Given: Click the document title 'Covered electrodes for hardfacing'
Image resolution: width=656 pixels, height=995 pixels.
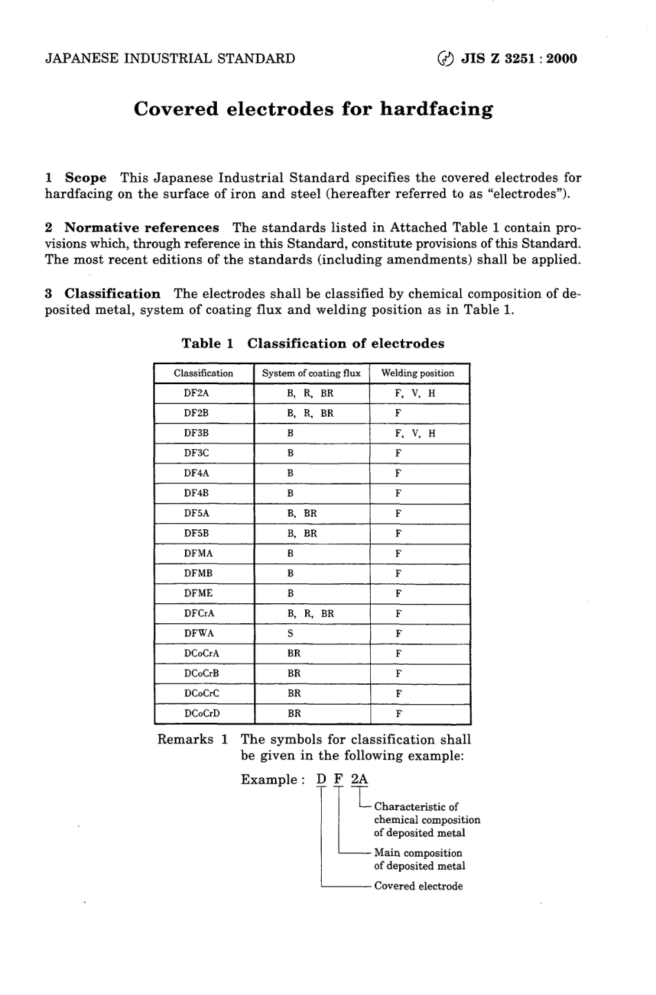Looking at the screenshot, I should [313, 109].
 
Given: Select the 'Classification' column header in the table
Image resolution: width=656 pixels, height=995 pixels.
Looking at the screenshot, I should [204, 373].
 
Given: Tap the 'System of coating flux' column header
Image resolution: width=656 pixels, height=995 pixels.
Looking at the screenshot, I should [311, 373].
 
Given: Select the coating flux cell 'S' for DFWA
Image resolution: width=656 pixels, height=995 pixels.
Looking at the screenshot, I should [291, 633].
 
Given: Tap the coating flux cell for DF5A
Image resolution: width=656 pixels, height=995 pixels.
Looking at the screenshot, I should [302, 513].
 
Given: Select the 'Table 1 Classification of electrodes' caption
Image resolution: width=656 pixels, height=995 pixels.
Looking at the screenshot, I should [313, 343].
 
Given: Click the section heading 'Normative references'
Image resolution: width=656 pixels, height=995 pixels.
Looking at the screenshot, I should [142, 227].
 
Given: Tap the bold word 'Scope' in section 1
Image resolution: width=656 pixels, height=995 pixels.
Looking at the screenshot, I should [86, 178].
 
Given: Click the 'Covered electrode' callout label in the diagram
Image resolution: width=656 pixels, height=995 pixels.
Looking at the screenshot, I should [418, 886].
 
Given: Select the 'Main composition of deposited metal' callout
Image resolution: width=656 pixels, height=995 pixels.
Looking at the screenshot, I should [419, 860].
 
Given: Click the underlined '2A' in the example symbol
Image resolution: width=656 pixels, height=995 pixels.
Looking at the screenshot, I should [359, 779].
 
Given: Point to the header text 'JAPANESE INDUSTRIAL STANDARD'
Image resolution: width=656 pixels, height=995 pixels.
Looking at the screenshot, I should [170, 59].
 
